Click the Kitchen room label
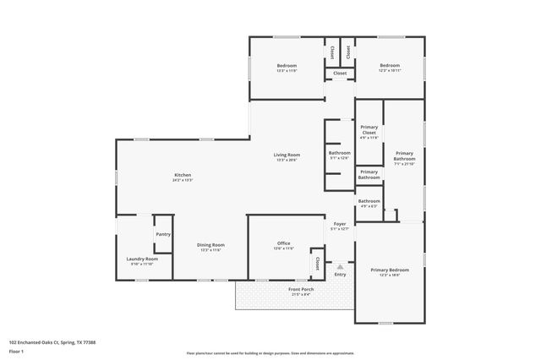(183, 175)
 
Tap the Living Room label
(287, 155)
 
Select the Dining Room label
(210, 245)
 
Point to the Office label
(283, 243)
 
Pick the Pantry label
(163, 235)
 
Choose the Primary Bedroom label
(389, 270)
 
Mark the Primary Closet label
(369, 130)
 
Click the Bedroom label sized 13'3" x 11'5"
(287, 66)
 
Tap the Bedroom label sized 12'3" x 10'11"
(389, 66)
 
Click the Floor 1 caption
(15, 351)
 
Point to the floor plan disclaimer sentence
(270, 352)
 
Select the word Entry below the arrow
(340, 274)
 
